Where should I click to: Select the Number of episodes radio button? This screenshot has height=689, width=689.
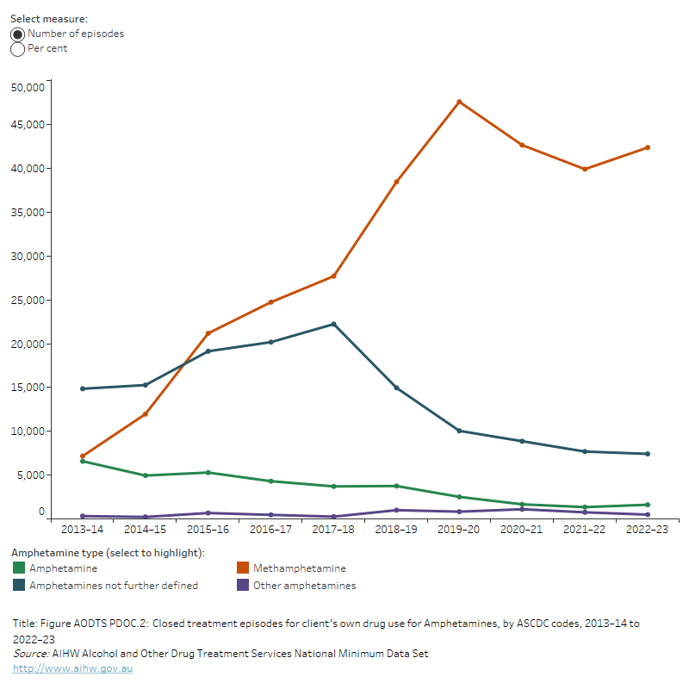point(17,34)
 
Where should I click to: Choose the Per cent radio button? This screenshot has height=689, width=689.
point(17,49)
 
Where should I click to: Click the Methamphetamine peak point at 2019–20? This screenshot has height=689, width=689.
point(459,102)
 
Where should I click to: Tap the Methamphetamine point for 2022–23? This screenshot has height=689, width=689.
point(647,147)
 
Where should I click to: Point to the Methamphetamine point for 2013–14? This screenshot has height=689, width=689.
point(83,456)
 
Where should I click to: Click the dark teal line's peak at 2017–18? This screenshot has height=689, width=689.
point(333,324)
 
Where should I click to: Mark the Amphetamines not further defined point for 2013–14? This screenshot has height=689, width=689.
point(83,388)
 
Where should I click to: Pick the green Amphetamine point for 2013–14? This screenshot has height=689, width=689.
point(83,462)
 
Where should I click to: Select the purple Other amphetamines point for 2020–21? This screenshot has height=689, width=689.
point(522,509)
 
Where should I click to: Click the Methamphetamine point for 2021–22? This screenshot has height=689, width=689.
point(585,169)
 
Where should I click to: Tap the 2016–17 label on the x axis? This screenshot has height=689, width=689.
point(270,530)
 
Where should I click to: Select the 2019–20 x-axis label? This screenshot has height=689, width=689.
point(459,530)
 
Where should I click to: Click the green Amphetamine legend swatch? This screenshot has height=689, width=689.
point(19,568)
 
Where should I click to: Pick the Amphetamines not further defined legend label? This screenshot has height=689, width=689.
point(114,586)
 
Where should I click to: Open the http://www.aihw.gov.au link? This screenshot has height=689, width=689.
point(72,668)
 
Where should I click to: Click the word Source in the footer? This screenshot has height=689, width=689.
point(29,654)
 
